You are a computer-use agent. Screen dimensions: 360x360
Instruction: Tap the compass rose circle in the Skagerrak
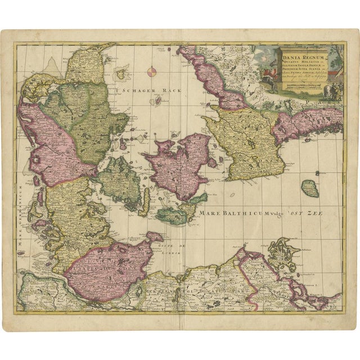tap(152, 71)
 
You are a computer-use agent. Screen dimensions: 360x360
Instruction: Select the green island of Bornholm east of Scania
tap(309, 188)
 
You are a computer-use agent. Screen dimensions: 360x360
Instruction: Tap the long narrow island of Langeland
tap(144, 201)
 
